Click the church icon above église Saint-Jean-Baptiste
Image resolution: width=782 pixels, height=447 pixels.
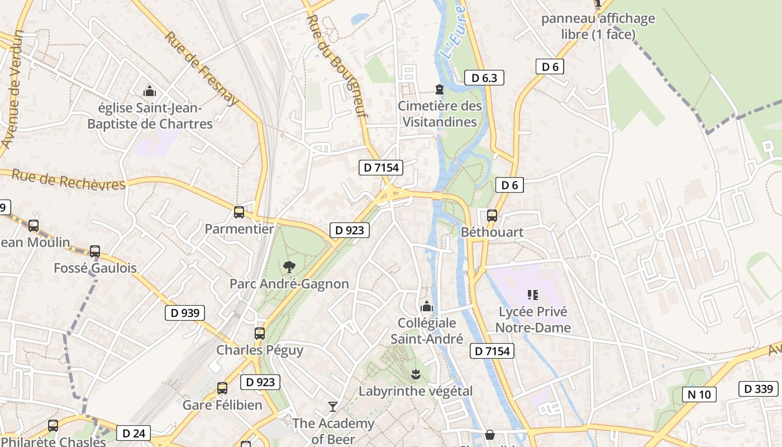coord(149,91)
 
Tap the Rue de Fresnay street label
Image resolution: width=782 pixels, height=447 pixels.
coord(202,68)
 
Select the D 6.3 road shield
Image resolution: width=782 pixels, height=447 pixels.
coord(484,78)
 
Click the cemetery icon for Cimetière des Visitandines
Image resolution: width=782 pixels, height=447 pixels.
coord(440,89)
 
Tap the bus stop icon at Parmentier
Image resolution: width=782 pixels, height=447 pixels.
coord(239,212)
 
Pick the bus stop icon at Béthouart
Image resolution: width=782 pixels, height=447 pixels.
coord(492,215)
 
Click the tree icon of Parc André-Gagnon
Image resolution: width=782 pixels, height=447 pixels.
coord(289,267)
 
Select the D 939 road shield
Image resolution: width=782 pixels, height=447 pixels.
coord(185,313)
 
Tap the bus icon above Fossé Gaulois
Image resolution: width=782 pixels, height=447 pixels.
coord(95,251)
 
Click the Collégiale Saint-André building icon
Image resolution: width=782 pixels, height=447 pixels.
coord(427,306)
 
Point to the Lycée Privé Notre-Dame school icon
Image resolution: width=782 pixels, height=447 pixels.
coord(532,294)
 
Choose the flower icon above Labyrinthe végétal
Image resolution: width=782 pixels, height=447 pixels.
coord(415,374)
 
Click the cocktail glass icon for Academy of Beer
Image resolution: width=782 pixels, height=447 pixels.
coord(333,406)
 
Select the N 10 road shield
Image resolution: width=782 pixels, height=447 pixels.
coord(699,394)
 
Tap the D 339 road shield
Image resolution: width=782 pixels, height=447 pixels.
coord(758,389)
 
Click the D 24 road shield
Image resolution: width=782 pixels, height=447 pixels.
coord(133,433)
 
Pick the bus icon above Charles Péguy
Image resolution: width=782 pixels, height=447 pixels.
coord(260,334)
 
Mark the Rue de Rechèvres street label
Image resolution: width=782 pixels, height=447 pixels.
coord(68,180)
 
